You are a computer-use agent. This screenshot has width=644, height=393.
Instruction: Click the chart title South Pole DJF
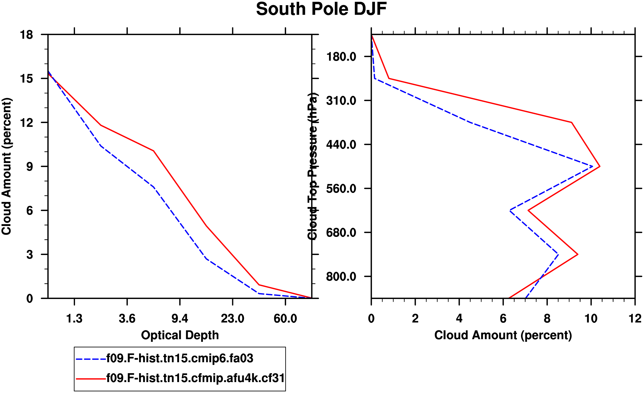pos(321,9)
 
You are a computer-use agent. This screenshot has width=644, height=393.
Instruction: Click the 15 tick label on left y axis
pos(26,79)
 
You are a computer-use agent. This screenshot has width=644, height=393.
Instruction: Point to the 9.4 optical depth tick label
pos(180,319)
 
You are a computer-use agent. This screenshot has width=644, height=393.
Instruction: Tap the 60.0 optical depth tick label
pos(285,319)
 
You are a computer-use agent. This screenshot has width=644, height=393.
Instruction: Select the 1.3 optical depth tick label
pos(74,319)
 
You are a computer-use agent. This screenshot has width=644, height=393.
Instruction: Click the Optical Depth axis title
pos(180,335)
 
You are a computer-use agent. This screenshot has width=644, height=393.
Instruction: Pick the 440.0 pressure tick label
pos(341,145)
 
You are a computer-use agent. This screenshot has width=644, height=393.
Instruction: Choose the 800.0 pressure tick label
pos(341,277)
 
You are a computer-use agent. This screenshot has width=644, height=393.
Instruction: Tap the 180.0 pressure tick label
pos(341,57)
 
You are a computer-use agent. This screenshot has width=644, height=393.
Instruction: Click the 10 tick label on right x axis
pos(591,319)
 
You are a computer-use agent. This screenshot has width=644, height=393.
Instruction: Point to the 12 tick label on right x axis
pos(635,319)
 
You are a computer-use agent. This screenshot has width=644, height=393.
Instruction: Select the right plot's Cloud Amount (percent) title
pos(503,335)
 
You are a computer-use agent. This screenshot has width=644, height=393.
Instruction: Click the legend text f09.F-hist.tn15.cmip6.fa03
pos(180,359)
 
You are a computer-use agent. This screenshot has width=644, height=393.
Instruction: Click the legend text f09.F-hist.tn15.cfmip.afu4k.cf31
pos(195,378)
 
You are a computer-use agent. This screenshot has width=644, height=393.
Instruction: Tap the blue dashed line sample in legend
pos(91,359)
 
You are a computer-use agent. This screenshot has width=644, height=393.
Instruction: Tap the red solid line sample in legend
pos(91,379)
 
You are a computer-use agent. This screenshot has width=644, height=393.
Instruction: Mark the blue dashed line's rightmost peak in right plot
pos(592,166)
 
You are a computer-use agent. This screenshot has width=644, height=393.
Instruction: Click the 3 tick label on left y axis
pos(30,255)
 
